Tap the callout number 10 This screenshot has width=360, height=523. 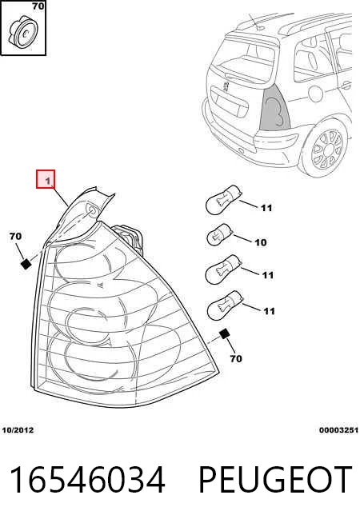261,242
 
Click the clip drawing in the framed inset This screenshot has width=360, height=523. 23,33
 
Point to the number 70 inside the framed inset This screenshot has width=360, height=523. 38,6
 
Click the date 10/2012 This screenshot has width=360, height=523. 18,430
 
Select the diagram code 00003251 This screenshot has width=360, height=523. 338,430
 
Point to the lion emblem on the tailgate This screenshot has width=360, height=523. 226,86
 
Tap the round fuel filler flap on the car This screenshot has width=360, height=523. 316,94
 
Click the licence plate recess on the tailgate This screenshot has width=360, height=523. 230,103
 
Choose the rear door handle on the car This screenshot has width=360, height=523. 347,85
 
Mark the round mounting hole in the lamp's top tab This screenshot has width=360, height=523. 92,209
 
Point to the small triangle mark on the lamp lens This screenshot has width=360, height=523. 100,284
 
